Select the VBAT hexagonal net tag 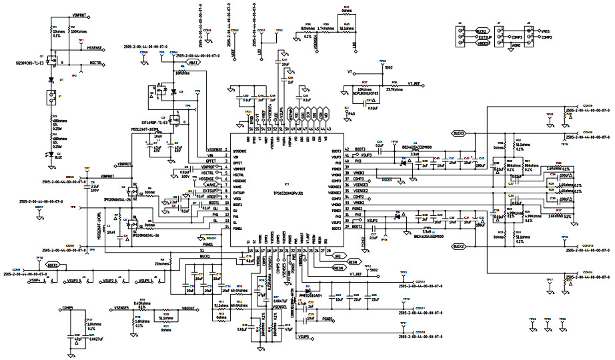[x=193, y=61]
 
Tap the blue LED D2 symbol [x=51, y=154]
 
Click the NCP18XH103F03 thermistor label [x=363, y=95]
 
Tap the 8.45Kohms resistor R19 [x=141, y=304]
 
